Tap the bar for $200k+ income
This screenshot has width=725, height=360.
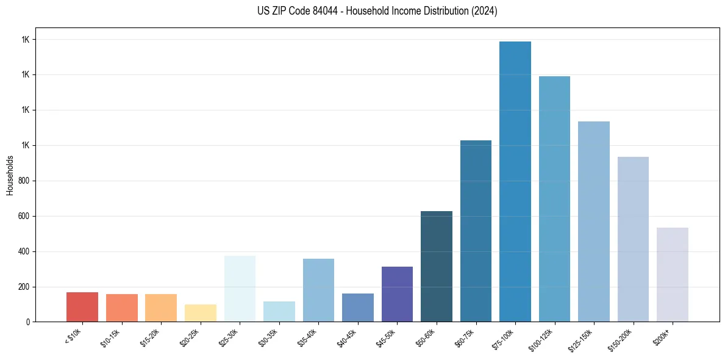[672, 275]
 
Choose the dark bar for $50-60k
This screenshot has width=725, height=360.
[437, 266]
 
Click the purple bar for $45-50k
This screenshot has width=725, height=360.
[397, 294]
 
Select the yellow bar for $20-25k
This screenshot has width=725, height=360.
[201, 313]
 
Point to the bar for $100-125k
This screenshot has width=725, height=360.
[554, 199]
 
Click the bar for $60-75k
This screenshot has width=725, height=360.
[476, 231]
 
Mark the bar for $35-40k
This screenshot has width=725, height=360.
[318, 290]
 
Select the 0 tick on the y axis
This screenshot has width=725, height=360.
[29, 322]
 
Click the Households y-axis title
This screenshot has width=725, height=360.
[10, 175]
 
